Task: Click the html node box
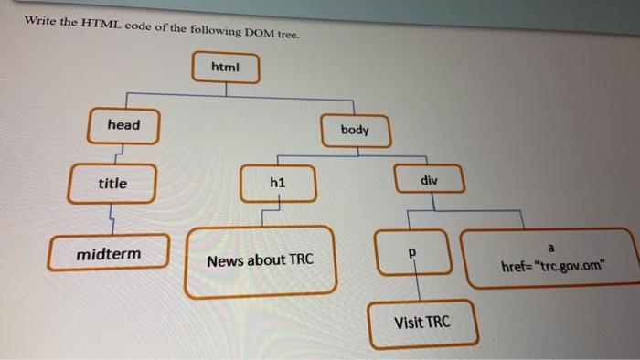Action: tap(226, 69)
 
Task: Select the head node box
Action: tap(123, 125)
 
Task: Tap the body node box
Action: tap(355, 131)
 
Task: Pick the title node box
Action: tap(113, 184)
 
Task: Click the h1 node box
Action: tap(279, 184)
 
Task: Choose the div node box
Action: tap(430, 182)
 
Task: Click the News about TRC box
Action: tap(261, 261)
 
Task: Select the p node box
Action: tap(412, 250)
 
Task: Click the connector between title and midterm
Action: tap(111, 217)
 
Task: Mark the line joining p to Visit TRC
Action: tap(417, 285)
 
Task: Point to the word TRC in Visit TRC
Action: tap(436, 323)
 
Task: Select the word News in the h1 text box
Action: tap(223, 261)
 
